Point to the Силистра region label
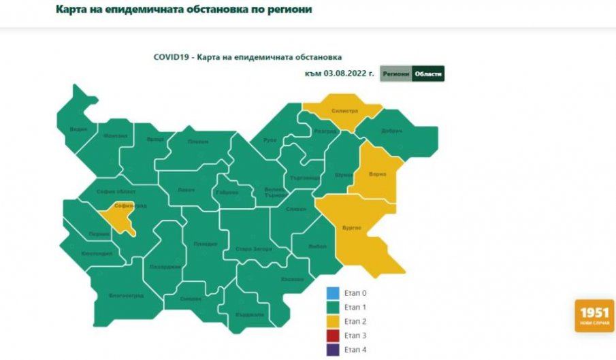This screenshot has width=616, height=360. [x=344, y=110]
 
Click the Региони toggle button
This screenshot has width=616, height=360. [x=395, y=74]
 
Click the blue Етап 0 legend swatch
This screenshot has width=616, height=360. [x=333, y=294]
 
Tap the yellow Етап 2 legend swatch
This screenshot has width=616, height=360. [x=333, y=321]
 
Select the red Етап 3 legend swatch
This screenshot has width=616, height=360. [x=333, y=336]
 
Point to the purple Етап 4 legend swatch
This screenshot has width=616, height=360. [x=333, y=349]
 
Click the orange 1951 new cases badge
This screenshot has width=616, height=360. [x=594, y=315]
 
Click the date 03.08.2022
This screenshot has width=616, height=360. [x=349, y=74]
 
